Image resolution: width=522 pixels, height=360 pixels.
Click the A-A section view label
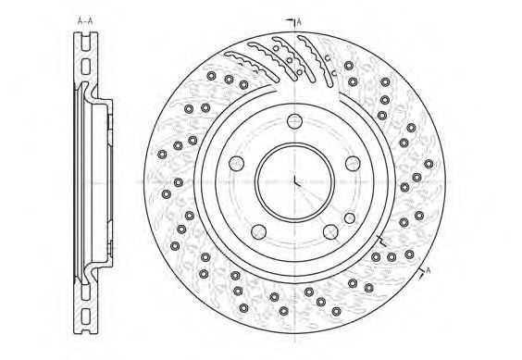[x=85, y=21]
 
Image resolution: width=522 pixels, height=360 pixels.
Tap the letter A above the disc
[x=299, y=22]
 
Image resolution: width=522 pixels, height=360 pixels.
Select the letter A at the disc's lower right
[x=429, y=270]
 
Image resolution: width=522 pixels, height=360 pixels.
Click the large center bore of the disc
[x=294, y=182]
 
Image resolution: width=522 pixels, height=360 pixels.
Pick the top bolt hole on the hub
[x=294, y=121]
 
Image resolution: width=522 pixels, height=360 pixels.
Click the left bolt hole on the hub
[x=236, y=163]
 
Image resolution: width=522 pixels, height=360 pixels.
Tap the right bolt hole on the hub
[x=353, y=163]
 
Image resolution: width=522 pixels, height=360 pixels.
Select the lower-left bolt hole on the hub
[x=258, y=231]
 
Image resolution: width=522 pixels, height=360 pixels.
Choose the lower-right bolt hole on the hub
[x=330, y=231]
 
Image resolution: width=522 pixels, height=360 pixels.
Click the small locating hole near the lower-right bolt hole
[x=350, y=218]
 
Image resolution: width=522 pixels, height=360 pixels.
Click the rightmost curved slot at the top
[x=315, y=61]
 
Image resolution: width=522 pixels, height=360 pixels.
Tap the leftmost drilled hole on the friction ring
[x=162, y=155]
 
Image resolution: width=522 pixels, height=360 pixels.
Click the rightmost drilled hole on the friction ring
[x=429, y=164]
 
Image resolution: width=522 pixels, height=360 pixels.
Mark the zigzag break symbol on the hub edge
[x=381, y=241]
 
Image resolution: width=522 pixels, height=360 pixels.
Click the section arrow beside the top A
[x=291, y=22]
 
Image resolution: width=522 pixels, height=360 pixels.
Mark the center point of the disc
[x=294, y=182]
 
